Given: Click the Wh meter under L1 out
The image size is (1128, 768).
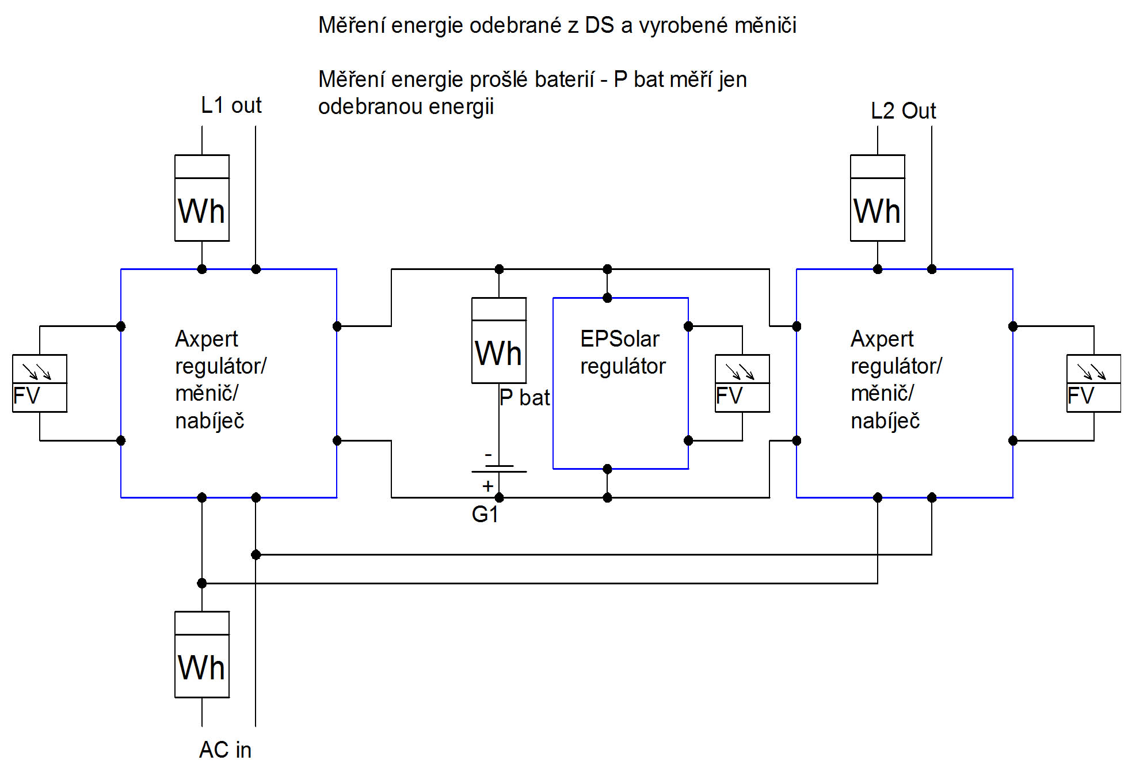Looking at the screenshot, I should coord(202,198).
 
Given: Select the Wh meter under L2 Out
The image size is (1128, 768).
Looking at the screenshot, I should coord(878,198).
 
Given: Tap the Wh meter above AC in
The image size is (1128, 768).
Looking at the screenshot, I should coord(202,655).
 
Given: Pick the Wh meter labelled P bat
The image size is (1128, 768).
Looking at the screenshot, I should coord(499,340).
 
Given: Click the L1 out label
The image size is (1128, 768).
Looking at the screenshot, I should coord(231,105).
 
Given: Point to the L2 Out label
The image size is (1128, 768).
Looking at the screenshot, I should coord(903,111).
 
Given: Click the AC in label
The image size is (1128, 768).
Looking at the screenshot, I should coord(225,750).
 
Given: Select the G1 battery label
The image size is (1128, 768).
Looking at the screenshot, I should coord(485,514).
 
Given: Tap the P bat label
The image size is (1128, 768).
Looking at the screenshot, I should coord(524,398).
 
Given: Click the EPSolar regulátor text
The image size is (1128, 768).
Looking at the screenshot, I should coord(622,352).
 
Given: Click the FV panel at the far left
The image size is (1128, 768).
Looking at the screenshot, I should coord(40,383).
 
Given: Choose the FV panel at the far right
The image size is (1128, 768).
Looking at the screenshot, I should coord(1093,383).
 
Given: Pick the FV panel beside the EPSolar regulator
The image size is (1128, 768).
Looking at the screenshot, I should coord(742,383).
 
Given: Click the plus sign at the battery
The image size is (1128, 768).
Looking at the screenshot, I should coord(488,486).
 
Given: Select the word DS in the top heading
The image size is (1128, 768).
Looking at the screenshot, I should coord(599,25).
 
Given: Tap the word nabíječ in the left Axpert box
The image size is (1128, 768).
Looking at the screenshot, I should coord(209,421).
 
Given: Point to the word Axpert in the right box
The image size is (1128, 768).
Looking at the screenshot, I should coord(882,339).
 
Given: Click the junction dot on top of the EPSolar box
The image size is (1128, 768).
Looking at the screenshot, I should coord(607,298).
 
